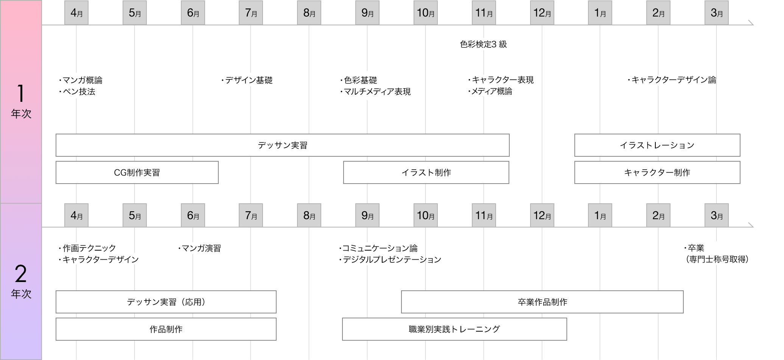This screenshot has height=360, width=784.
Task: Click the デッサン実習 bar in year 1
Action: coord(282,145)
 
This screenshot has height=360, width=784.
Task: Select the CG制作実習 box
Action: coord(137,173)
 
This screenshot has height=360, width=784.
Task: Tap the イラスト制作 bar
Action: coord(426,173)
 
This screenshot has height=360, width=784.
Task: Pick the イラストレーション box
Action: coord(657,145)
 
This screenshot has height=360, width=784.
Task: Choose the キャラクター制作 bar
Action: coord(657,173)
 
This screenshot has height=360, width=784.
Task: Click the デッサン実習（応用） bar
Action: coord(166,302)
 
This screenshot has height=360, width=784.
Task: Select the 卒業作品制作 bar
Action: coord(542,302)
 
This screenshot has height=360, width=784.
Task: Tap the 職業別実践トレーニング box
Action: coord(454,329)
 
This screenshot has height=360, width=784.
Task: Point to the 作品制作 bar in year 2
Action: coord(166,329)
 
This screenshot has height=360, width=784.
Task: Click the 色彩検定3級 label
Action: coord(483,44)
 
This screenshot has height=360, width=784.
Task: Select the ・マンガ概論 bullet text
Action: coord(81,80)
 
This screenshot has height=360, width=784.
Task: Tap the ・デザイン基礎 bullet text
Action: coord(247,80)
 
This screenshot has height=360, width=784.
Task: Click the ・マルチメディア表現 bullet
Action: coord(375,92)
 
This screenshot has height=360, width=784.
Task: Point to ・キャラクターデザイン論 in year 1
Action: coord(672,80)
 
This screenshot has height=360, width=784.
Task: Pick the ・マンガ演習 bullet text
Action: coord(199,248)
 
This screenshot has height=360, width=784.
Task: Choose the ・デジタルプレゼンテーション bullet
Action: coord(390,260)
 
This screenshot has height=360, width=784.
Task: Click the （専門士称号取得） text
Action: coord(717,259)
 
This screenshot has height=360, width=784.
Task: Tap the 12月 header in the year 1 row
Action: coord(542,13)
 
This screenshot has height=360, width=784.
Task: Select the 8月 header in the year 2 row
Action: coord(309,215)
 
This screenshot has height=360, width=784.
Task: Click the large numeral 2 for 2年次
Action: coord(21,274)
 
